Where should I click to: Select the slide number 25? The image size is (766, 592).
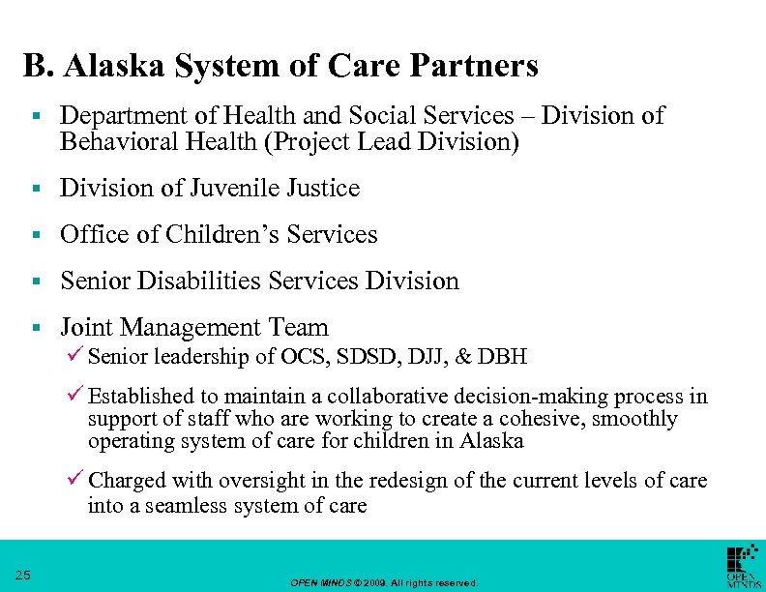(x=24, y=576)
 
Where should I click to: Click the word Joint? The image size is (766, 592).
(x=88, y=328)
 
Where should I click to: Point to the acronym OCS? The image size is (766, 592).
(x=311, y=357)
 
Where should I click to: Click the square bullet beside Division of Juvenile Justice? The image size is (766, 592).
(x=35, y=189)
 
